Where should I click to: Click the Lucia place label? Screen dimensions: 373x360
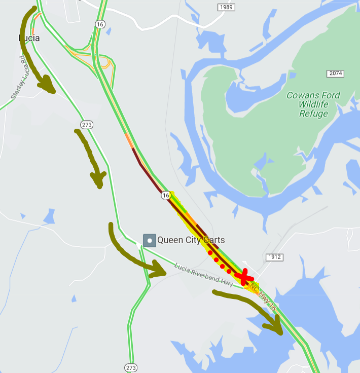(29, 38)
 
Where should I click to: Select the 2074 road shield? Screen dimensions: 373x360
(336, 73)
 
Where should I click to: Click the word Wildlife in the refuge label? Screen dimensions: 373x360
(314, 104)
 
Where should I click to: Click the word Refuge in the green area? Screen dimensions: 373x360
(313, 114)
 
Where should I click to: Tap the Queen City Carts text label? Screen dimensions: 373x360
(191, 240)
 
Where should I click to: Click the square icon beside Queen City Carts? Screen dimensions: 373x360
(150, 240)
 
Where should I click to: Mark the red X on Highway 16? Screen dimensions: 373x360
(245, 276)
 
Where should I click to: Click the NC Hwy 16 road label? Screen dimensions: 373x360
(262, 297)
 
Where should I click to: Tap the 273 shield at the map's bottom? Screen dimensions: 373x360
(131, 367)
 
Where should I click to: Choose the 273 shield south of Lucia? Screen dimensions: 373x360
(86, 124)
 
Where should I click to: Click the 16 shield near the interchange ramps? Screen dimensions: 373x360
(99, 24)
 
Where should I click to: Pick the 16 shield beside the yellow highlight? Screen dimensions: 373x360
(166, 195)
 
